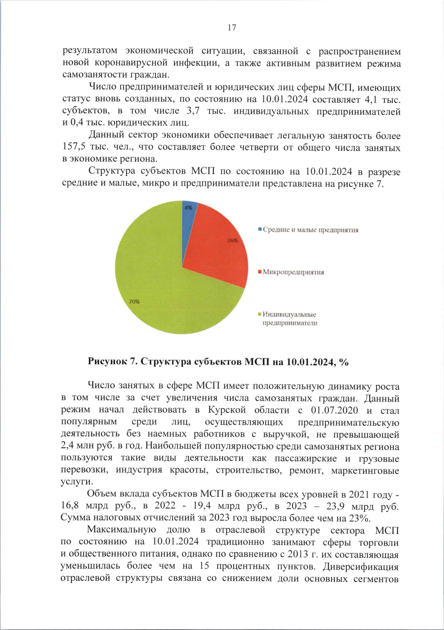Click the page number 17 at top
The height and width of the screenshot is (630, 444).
coord(232,28)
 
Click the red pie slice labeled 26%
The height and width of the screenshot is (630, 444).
coord(218,252)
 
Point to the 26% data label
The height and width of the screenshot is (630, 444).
coord(232,241)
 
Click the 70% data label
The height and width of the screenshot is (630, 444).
coord(134,302)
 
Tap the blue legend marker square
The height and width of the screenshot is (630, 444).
coord(260,229)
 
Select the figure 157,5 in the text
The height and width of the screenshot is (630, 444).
coord(74,147)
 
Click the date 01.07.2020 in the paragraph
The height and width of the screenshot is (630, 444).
coord(334,410)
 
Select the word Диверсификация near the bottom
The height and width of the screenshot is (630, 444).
coord(361,567)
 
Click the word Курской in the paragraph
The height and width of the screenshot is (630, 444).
coord(227,410)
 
